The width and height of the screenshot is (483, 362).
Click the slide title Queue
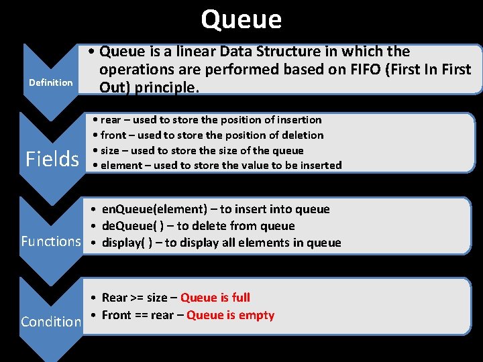pyautogui.click(x=241, y=19)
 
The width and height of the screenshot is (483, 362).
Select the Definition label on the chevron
pyautogui.click(x=50, y=82)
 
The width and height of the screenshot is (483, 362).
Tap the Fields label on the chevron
pyautogui.click(x=52, y=159)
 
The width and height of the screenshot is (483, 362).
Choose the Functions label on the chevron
pyautogui.click(x=51, y=241)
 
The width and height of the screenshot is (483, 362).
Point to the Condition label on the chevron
pyautogui.click(x=51, y=322)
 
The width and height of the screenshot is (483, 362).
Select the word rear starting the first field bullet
pyautogui.click(x=111, y=120)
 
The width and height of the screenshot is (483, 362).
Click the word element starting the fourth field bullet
pyautogui.click(x=121, y=166)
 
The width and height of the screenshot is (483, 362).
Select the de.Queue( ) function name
pyautogui.click(x=131, y=226)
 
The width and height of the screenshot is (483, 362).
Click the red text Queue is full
pyautogui.click(x=215, y=298)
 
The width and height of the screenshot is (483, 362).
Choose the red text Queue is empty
pyautogui.click(x=230, y=315)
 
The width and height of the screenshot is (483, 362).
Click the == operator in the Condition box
pyautogui.click(x=142, y=315)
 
